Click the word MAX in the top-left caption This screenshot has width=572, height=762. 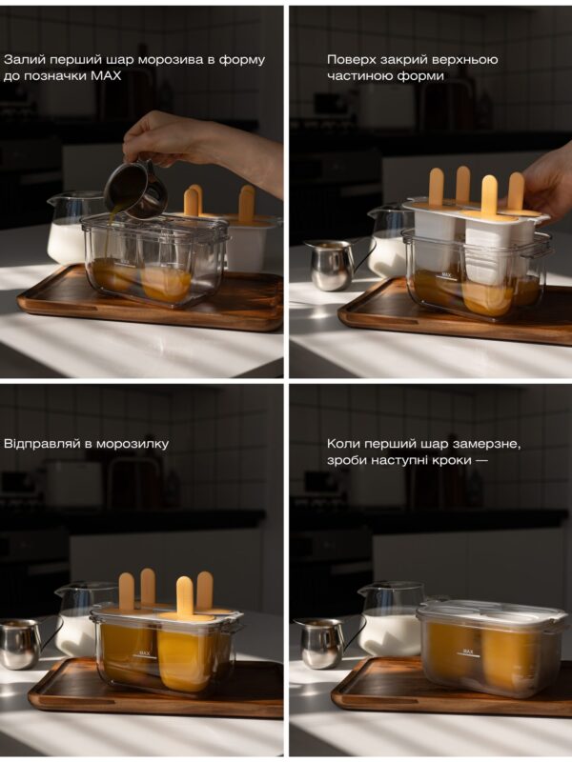[x=106, y=76]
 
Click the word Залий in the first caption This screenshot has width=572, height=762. [x=19, y=60]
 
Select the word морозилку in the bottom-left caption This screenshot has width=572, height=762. [x=133, y=444]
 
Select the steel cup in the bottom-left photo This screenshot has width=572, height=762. [x=22, y=644]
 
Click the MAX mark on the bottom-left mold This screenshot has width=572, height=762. [x=145, y=654]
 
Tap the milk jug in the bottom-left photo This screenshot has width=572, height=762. [x=78, y=620]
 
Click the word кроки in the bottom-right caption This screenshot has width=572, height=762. [x=442, y=460]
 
